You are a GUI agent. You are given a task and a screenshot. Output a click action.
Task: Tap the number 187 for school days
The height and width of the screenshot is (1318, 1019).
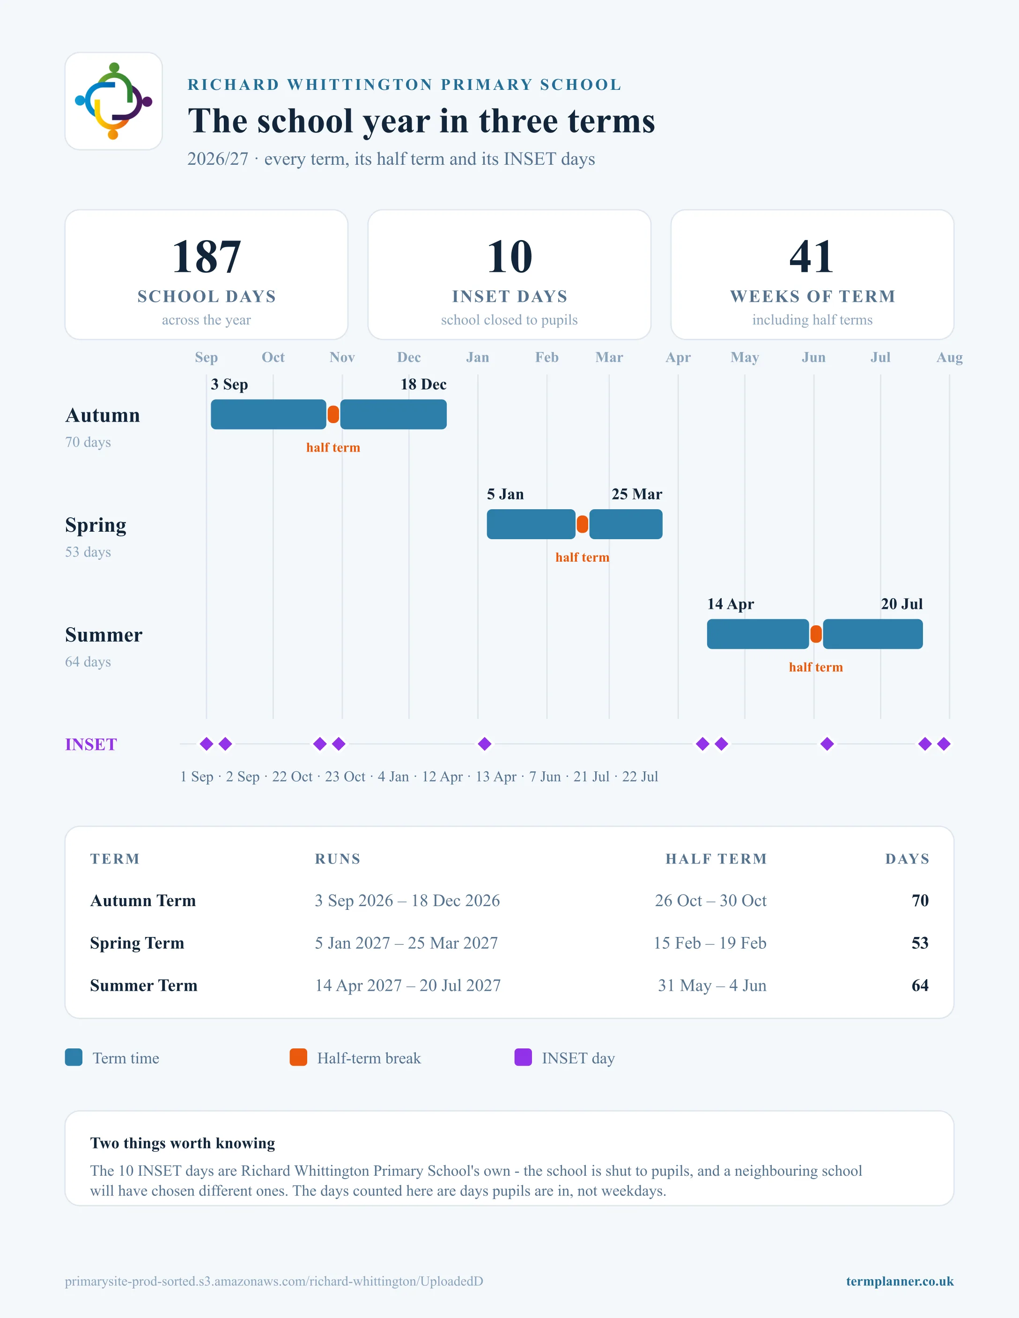tap(207, 256)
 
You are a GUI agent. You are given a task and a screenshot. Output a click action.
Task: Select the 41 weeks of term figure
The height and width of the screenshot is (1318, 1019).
tap(812, 256)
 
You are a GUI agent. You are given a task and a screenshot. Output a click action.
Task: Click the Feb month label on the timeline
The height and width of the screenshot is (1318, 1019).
tap(547, 357)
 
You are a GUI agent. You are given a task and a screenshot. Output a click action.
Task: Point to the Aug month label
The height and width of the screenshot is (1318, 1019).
tap(949, 357)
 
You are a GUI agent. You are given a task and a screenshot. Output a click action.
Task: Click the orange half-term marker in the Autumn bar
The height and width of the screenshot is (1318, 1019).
tap(333, 415)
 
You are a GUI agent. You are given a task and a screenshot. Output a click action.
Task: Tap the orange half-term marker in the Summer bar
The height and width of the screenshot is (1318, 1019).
tap(816, 634)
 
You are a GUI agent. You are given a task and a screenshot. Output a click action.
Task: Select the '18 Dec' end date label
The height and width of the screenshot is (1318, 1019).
tap(423, 384)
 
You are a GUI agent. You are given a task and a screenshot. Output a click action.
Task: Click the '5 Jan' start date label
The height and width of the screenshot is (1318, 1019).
tap(505, 494)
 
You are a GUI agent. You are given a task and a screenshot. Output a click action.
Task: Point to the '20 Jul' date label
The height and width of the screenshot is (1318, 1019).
tap(902, 604)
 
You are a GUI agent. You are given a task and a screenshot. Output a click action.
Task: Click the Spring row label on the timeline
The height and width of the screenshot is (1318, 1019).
tap(96, 526)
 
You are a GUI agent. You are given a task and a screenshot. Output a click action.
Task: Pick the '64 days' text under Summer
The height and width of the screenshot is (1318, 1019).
tap(88, 662)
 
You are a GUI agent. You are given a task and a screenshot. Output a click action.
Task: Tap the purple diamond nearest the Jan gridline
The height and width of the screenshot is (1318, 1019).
tap(485, 744)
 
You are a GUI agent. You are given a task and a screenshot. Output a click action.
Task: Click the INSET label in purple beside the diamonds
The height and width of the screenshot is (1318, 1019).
tap(91, 745)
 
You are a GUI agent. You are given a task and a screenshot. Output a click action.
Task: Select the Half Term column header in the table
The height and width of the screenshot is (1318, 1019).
tap(716, 859)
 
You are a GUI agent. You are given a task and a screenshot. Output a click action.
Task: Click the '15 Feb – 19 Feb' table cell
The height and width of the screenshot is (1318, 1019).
tap(710, 943)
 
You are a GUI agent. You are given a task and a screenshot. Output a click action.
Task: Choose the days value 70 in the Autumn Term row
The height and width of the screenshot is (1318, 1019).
tap(920, 901)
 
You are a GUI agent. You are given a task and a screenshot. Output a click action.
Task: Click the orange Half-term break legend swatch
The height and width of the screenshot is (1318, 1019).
tap(298, 1057)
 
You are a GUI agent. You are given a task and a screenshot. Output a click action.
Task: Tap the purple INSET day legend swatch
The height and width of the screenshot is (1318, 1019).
tap(523, 1057)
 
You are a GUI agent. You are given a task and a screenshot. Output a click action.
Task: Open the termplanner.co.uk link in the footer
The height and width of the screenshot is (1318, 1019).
tap(900, 1281)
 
